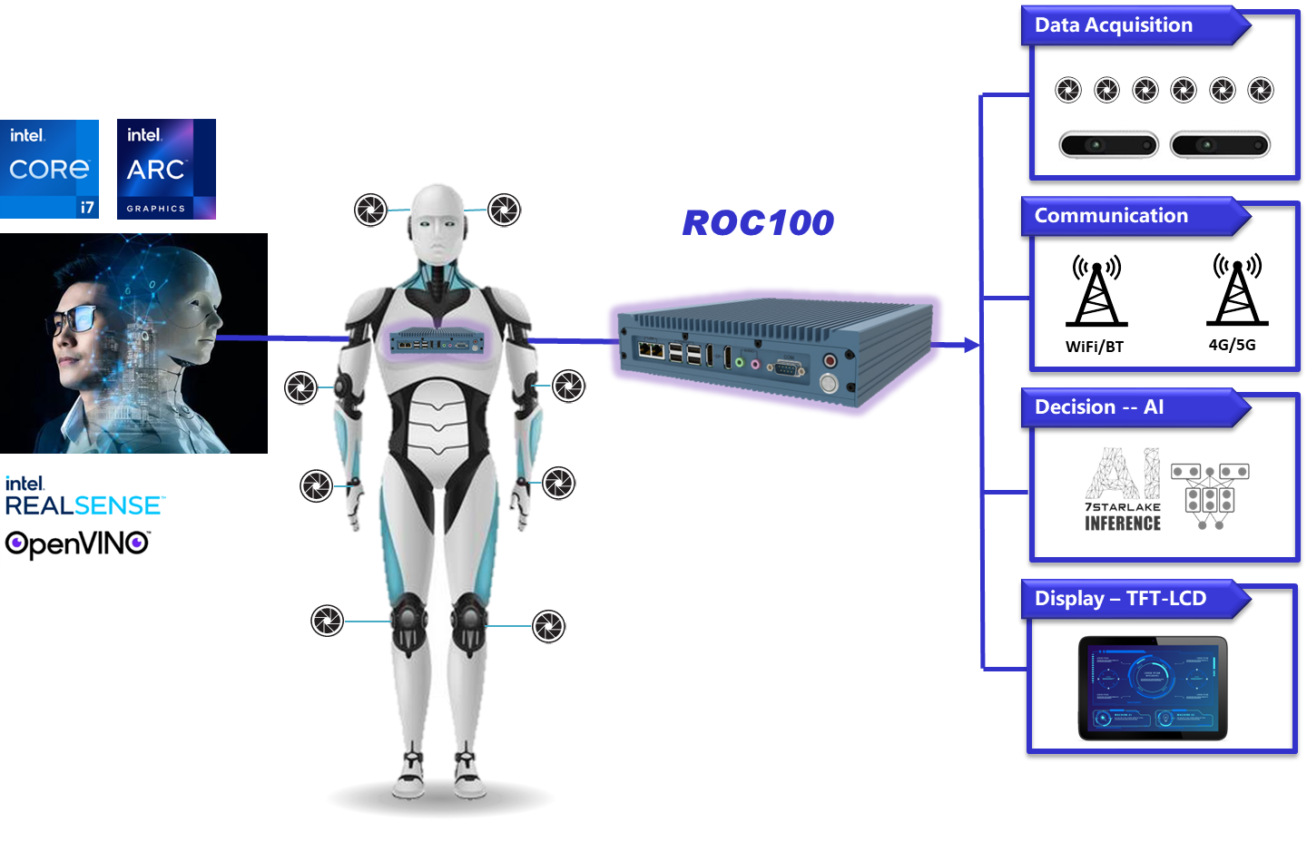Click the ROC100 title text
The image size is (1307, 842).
click(x=758, y=223)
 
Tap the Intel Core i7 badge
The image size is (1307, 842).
click(x=50, y=169)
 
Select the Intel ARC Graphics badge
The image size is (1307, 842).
click(x=166, y=169)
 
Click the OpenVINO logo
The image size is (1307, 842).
click(x=77, y=544)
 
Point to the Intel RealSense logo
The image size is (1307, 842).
click(x=84, y=495)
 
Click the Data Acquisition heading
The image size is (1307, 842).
click(x=1114, y=25)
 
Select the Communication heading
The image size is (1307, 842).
click(x=1111, y=216)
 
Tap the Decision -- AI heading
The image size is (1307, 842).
click(x=1099, y=407)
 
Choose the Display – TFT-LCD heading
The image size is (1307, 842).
click(x=1120, y=599)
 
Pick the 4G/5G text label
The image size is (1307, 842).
click(x=1233, y=345)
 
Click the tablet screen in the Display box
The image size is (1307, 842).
click(x=1153, y=687)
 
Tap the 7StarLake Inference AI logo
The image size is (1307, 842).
click(x=1123, y=489)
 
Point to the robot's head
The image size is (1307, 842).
click(x=438, y=222)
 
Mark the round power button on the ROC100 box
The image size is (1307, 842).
click(x=828, y=383)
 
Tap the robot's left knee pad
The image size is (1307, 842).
click(x=408, y=619)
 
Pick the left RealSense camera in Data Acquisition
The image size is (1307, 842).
click(x=1108, y=145)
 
